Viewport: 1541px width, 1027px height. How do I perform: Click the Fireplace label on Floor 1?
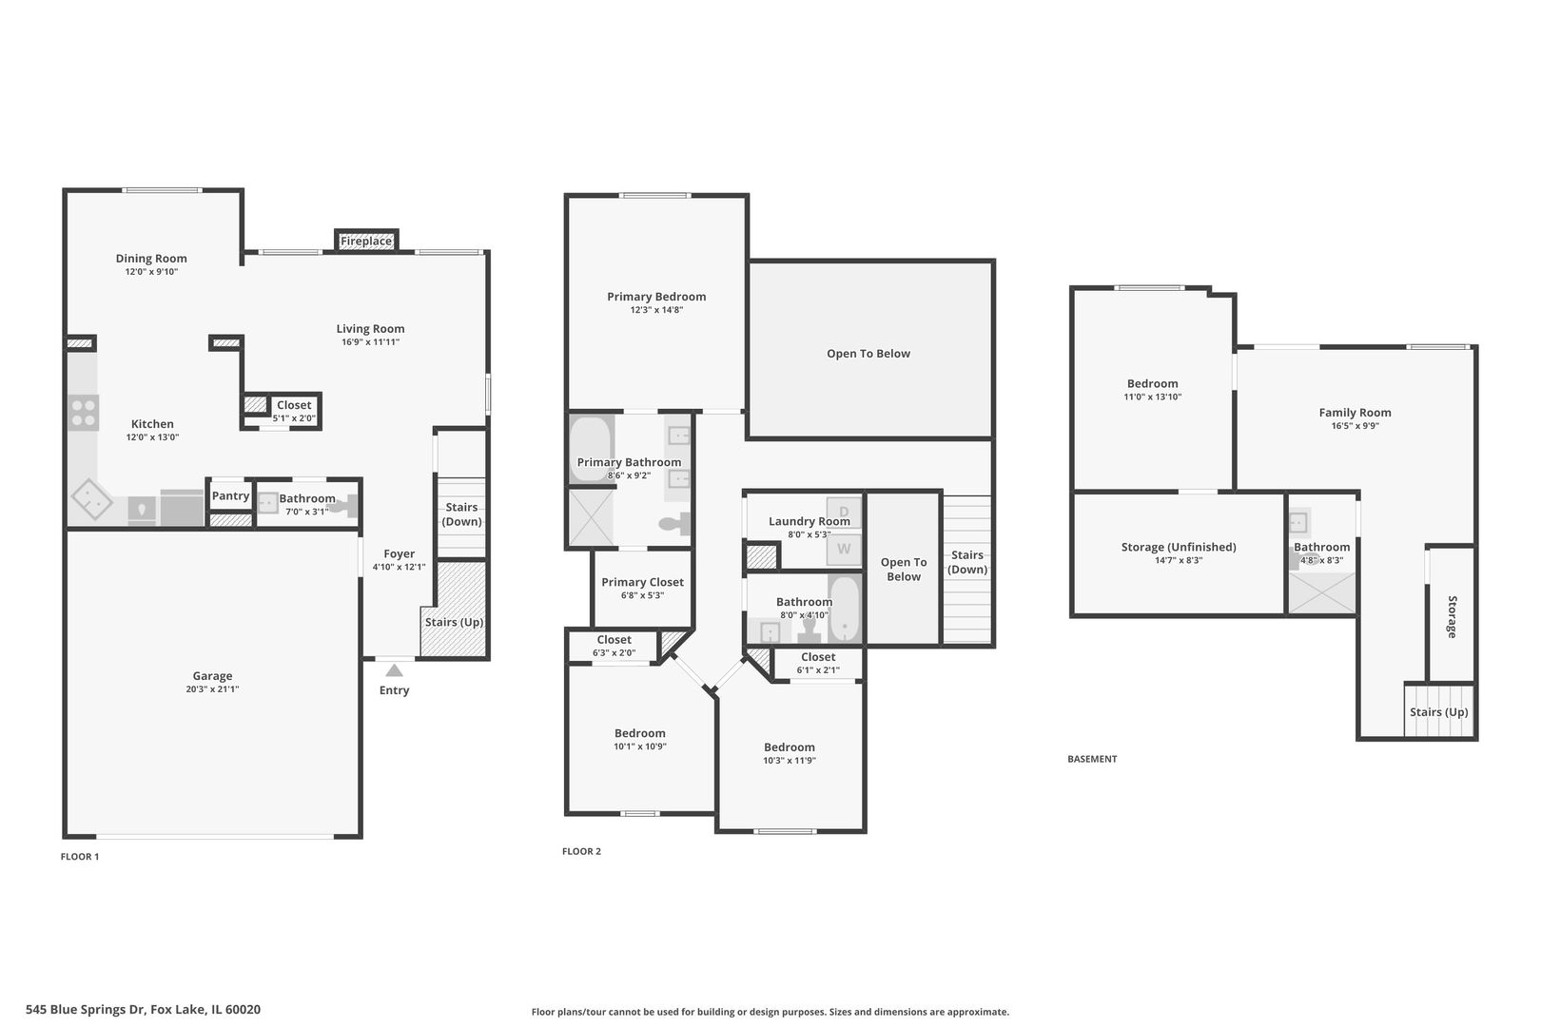pos(366,242)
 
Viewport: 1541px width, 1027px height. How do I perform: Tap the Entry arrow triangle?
pos(394,670)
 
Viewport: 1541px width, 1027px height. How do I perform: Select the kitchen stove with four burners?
pos(84,413)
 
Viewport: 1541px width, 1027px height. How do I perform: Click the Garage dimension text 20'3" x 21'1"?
pos(212,689)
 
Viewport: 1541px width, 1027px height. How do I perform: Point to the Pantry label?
pos(230,496)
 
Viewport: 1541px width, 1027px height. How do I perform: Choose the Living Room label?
pos(370,329)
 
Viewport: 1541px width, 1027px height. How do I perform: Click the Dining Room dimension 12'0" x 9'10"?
pos(151,272)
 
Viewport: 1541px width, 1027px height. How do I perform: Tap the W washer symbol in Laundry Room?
pos(844,549)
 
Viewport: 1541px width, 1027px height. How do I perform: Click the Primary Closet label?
pos(642,583)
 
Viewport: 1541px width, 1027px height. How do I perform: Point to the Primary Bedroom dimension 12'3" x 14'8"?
pos(656,310)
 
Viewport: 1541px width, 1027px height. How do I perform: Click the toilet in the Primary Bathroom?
pos(674,523)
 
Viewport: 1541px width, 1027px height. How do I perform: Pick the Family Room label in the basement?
pos(1355,413)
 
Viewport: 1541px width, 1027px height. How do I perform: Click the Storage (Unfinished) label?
pos(1179,548)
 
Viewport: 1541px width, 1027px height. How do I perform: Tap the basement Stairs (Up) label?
pos(1438,712)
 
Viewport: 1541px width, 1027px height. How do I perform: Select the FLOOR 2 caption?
pos(581,851)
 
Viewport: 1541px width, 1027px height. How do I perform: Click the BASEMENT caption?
pos(1092,759)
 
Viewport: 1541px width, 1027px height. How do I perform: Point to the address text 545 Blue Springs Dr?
pos(86,1010)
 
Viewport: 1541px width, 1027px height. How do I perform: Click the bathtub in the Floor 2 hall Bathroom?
pos(845,609)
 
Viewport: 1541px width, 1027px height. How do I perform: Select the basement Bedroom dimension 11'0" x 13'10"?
pos(1152,397)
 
